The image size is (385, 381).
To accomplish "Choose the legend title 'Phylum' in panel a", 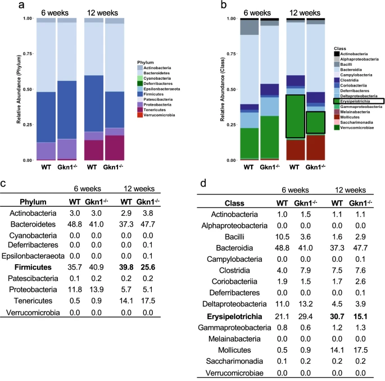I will (146, 62).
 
